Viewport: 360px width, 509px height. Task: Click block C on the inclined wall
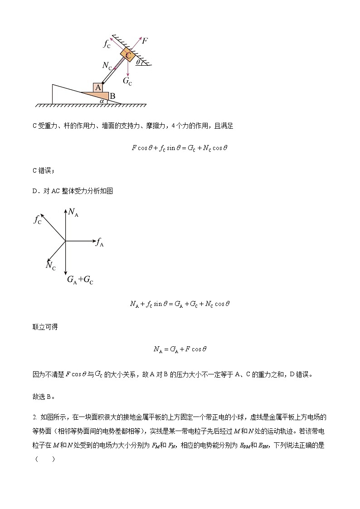pos(128,55)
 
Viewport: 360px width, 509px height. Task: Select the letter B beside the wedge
pos(112,96)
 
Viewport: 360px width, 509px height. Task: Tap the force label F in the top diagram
pos(145,41)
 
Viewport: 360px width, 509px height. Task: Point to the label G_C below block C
pos(128,81)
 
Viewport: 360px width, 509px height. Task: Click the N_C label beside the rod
pos(107,66)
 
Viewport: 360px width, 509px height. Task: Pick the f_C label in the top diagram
pos(107,44)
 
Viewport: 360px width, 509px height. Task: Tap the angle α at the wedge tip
pos(102,101)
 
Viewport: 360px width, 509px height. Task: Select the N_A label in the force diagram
pos(73,212)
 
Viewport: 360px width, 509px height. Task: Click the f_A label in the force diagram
pos(100,242)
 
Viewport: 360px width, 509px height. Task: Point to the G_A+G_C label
pos(80,280)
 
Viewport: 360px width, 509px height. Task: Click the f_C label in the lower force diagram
pos(38,219)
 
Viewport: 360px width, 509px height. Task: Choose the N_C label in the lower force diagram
pos(50,266)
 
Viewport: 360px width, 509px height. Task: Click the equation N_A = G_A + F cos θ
pos(180,349)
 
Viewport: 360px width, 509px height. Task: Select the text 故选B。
pos(44,396)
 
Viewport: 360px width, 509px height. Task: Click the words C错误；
pos(44,170)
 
